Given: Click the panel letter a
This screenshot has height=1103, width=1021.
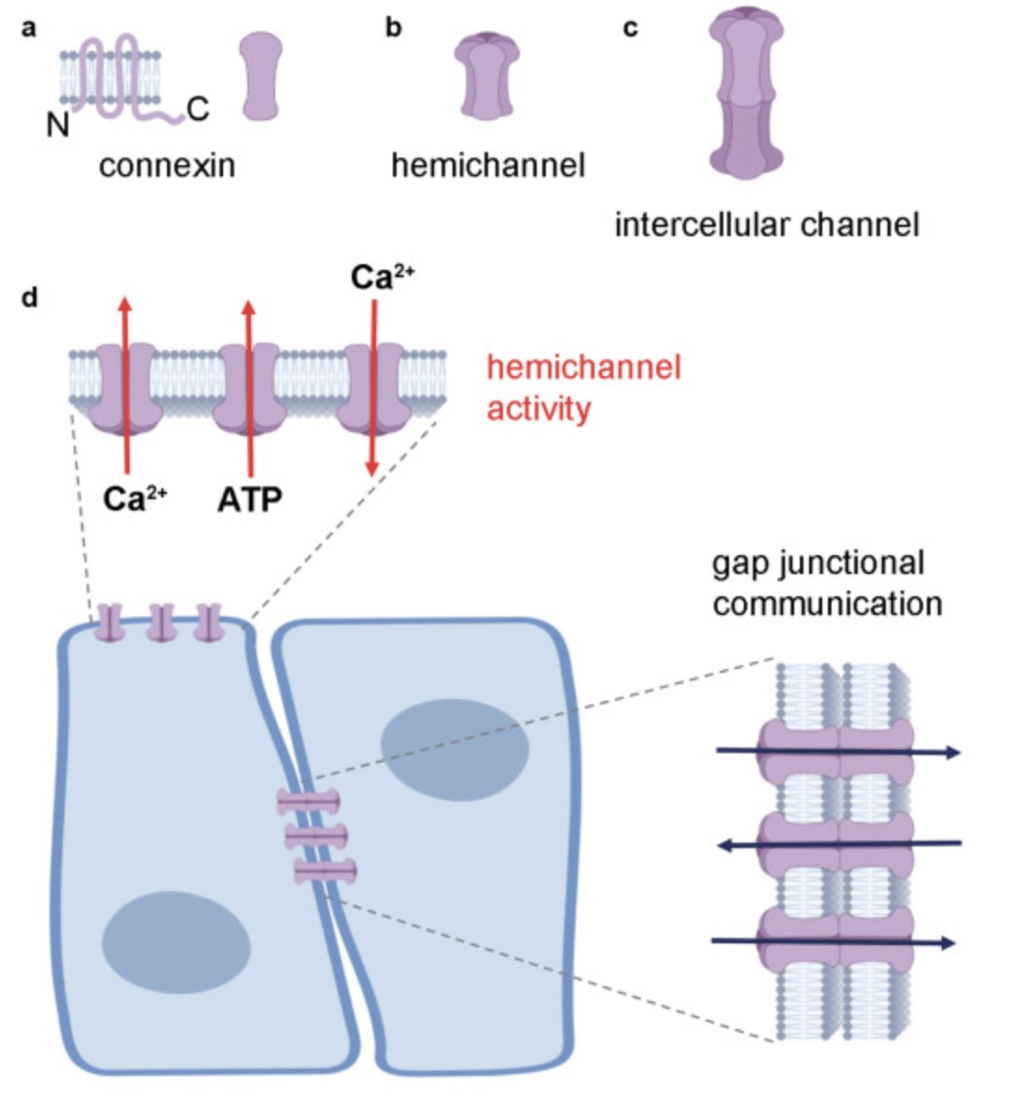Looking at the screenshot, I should click(x=30, y=28).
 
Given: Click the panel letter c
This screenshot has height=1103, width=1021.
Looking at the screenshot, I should click(x=631, y=28).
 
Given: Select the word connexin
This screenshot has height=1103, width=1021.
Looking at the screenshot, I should click(x=167, y=166).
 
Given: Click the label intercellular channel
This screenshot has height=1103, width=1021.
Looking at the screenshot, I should click(x=767, y=225).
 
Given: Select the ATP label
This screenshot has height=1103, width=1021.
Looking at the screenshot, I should click(x=249, y=499).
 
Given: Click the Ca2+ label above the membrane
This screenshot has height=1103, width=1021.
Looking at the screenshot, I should click(x=383, y=279).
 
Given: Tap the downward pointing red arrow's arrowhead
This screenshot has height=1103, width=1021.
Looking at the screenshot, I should click(x=372, y=467).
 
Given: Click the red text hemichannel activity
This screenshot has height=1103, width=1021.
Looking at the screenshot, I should click(x=583, y=387).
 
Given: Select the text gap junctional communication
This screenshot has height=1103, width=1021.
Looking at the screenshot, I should click(x=826, y=583).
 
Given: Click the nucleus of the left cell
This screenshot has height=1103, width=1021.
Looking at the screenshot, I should click(x=175, y=943).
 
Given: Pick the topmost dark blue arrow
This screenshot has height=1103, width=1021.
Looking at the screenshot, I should click(x=837, y=751).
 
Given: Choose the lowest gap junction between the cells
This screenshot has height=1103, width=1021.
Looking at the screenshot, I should click(x=325, y=873).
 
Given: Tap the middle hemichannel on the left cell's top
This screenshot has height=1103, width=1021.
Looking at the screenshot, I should click(x=161, y=623).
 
